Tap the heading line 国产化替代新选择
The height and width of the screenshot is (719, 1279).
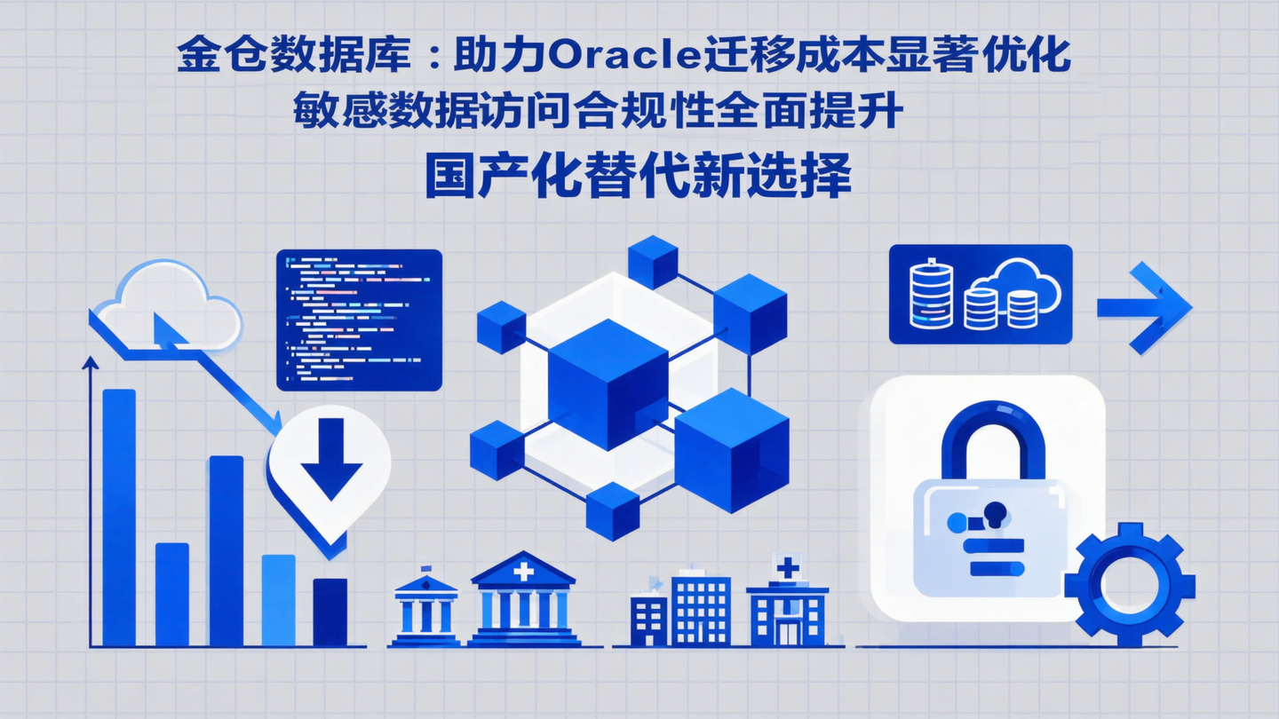coord(638,175)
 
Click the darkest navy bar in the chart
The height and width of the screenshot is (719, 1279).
coord(330,612)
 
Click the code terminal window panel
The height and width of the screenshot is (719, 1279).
coord(359,320)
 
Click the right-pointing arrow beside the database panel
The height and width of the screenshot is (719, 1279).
coord(1146,307)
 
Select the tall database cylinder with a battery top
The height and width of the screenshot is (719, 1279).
coord(931,293)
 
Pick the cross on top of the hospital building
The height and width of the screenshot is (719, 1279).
coord(787,566)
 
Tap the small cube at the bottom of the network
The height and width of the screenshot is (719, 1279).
coord(613,510)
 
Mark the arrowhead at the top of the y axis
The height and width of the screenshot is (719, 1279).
coord(90,362)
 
